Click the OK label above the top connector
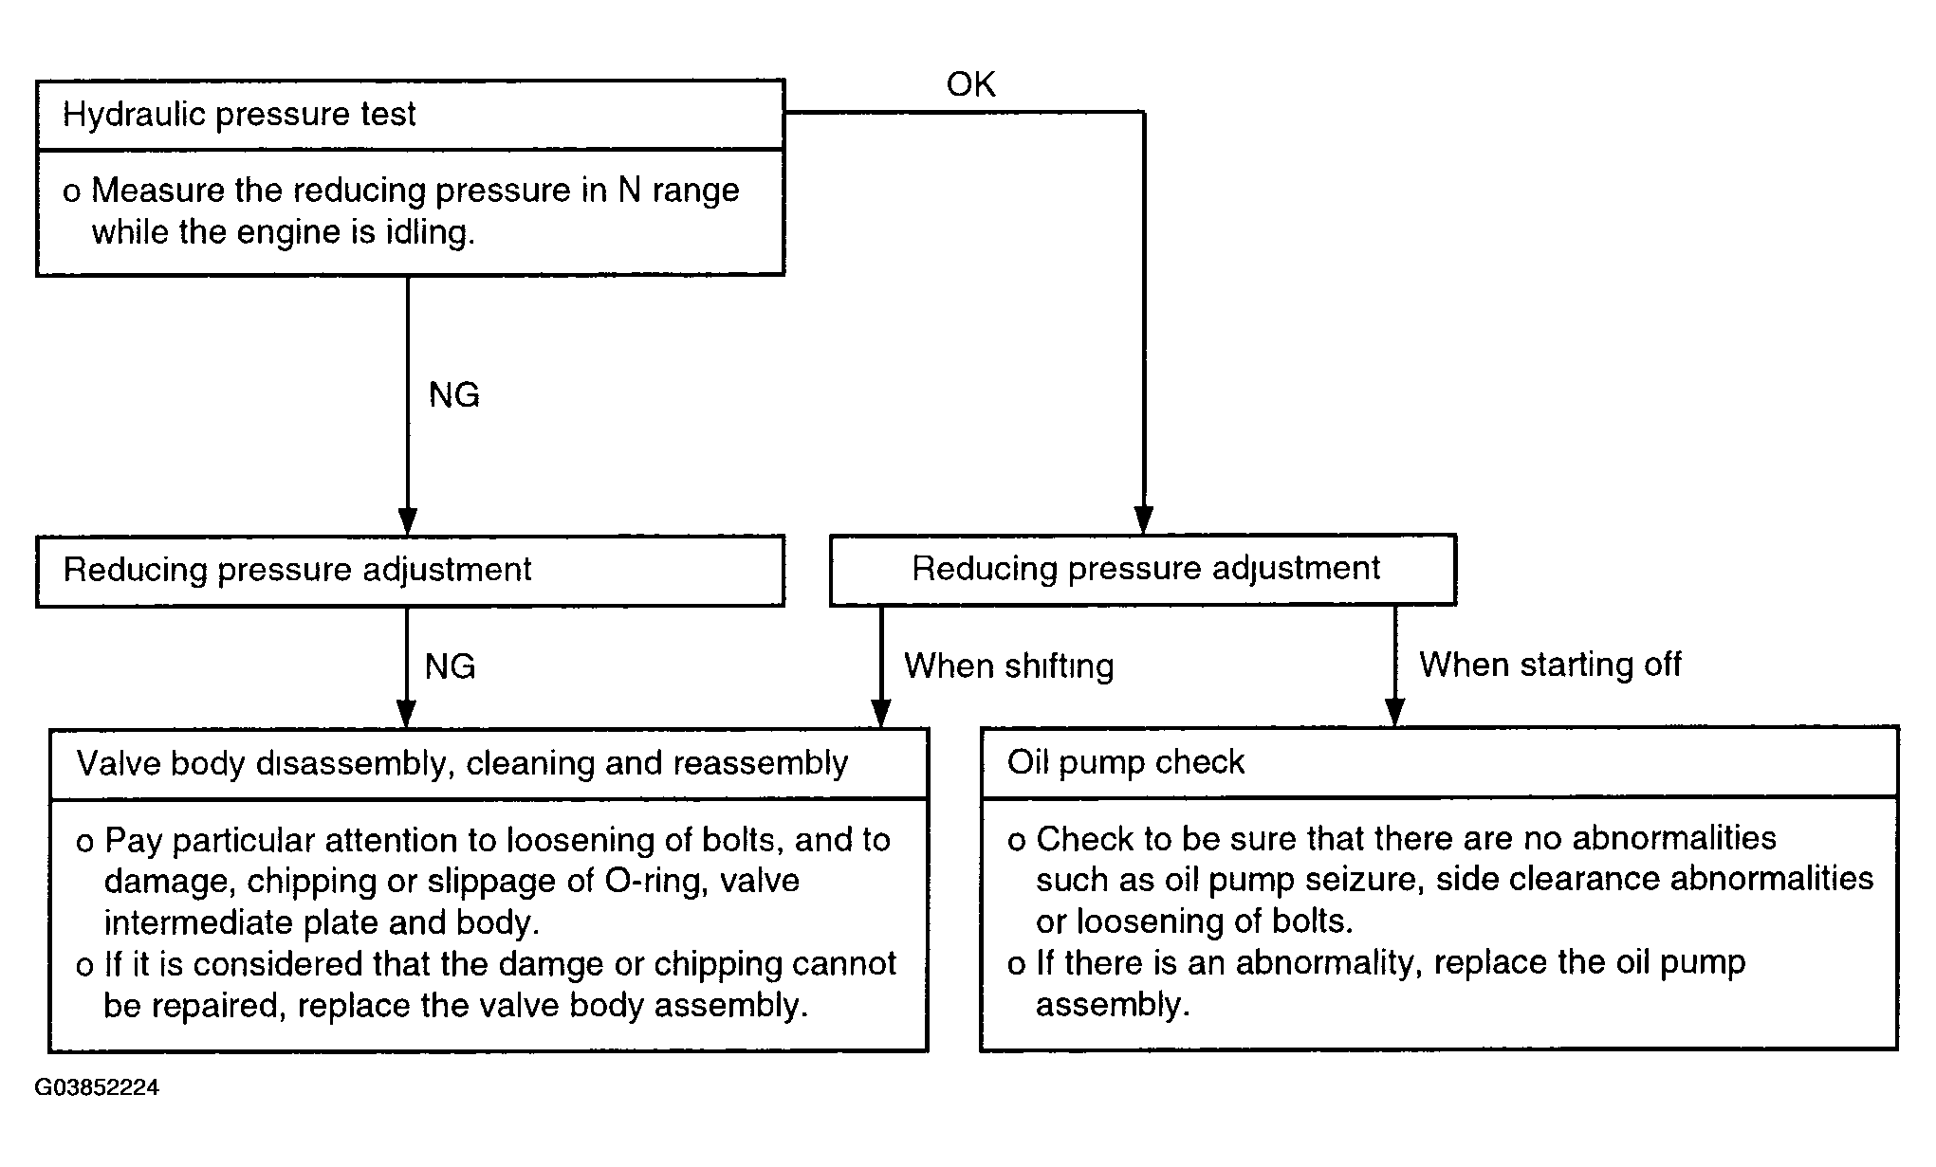pyautogui.click(x=970, y=84)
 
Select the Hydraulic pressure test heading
pyautogui.click(x=239, y=115)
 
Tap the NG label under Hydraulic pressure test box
pyautogui.click(x=454, y=394)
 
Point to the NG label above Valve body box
pyautogui.click(x=451, y=666)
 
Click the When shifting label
pyautogui.click(x=1009, y=666)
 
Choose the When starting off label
pyautogui.click(x=1550, y=665)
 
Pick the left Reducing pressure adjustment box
pyautogui.click(x=411, y=571)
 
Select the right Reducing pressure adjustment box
pyautogui.click(x=1143, y=570)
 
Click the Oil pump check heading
pyautogui.click(x=1126, y=762)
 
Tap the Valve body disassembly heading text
pyautogui.click(x=463, y=763)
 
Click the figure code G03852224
pyautogui.click(x=97, y=1087)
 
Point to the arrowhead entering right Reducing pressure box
pyautogui.click(x=1144, y=520)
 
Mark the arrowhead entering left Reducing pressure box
pyautogui.click(x=408, y=521)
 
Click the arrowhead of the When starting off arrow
pyautogui.click(x=1394, y=712)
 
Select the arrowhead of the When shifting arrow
pyautogui.click(x=881, y=714)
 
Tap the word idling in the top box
pyautogui.click(x=432, y=232)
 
